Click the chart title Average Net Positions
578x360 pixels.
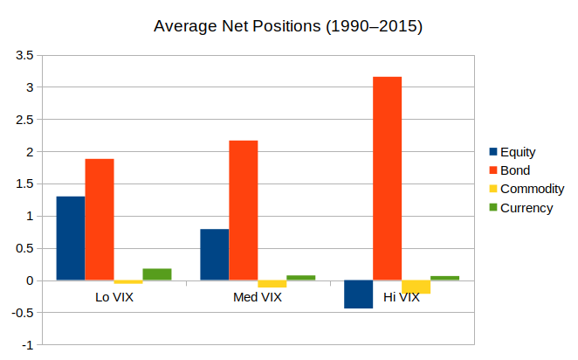pos(288,26)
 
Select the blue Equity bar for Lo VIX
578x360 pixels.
pos(71,239)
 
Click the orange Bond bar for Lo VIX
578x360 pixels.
pos(100,219)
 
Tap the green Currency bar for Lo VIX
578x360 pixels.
pos(157,274)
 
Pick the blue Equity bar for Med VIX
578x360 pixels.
pos(215,254)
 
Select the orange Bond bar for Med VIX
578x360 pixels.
pos(244,211)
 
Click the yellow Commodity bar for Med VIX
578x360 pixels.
pos(272,284)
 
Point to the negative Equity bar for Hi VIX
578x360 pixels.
pos(359,294)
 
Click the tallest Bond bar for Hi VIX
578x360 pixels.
pos(388,178)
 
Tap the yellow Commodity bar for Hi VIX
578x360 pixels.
pos(416,287)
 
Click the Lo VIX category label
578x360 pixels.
pos(114,298)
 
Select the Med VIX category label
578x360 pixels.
pos(258,298)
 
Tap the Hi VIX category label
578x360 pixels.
pos(402,298)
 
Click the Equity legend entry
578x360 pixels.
pos(518,152)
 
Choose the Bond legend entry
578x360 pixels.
pos(515,170)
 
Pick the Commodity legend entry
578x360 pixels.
pos(531,189)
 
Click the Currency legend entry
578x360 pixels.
pos(526,207)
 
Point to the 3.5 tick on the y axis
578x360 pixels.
pos(24,55)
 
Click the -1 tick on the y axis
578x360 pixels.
pos(27,345)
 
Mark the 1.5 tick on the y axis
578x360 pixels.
pos(24,184)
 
